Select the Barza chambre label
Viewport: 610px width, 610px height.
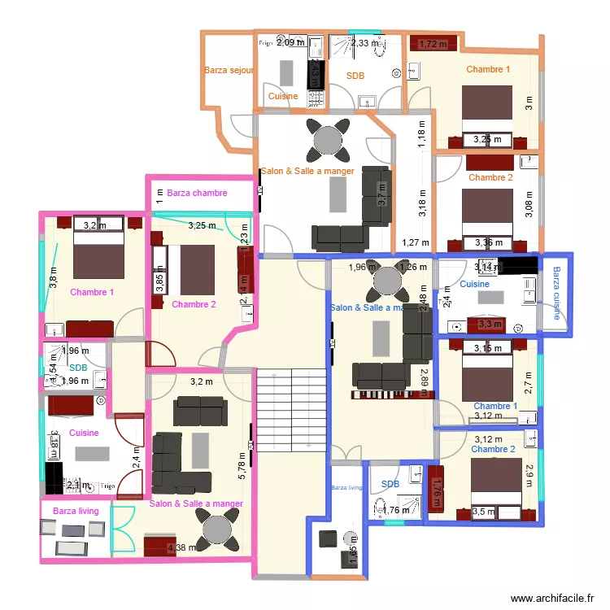click(198, 194)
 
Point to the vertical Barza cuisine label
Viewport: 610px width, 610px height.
click(556, 294)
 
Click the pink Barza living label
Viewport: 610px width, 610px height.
click(76, 511)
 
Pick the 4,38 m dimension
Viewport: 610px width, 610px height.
click(181, 548)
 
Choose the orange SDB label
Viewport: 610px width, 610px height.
click(355, 76)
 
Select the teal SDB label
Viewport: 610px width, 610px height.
click(78, 368)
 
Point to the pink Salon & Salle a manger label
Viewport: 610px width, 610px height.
click(196, 504)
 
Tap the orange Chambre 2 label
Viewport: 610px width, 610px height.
click(490, 177)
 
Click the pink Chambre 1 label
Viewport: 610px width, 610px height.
click(92, 292)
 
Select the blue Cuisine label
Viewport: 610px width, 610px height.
click(474, 285)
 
